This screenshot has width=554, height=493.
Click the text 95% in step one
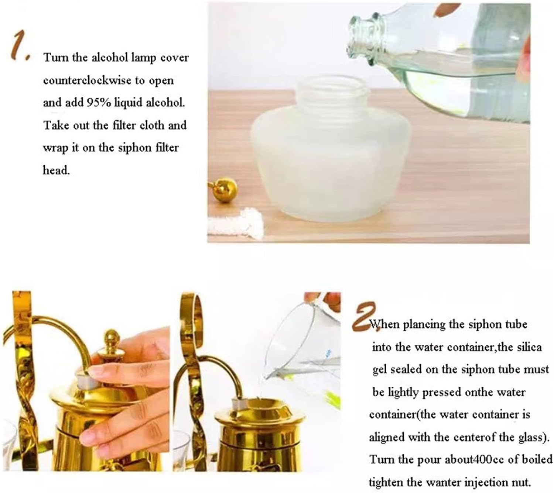point(99,103)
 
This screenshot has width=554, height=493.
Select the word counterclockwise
point(87,80)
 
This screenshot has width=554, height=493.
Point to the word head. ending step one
point(56,170)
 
